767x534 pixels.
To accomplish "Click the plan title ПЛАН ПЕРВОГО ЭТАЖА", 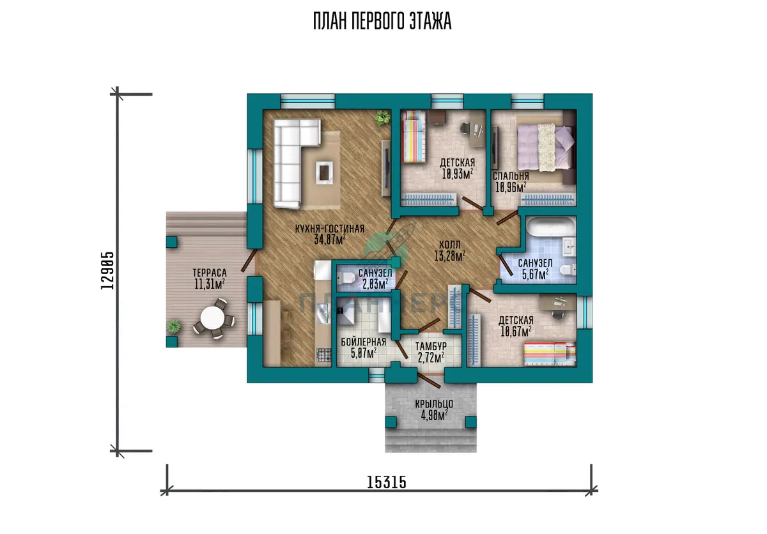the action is click(382, 22).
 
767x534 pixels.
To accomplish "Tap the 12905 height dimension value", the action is click(107, 271).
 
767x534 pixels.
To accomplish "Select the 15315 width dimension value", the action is click(387, 482).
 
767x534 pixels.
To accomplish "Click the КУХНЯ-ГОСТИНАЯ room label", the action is click(330, 229).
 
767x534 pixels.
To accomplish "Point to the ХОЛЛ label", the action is click(449, 245).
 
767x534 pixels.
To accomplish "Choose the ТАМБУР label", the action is click(431, 346).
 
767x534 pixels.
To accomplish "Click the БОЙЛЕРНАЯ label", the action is click(363, 342).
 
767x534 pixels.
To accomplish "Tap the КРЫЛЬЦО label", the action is click(434, 404).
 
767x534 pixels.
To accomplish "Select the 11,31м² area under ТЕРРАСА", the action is click(210, 284).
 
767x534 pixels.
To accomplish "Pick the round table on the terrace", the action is click(212, 317).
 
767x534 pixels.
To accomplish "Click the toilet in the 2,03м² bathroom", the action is click(347, 278).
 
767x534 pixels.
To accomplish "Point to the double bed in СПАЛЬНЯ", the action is click(545, 147).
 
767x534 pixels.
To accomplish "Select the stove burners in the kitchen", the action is click(323, 355).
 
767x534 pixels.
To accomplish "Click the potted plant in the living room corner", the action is click(382, 118).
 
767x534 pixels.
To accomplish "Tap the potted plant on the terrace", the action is click(174, 326).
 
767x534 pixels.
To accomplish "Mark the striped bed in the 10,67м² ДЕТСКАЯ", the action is click(550, 353).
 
